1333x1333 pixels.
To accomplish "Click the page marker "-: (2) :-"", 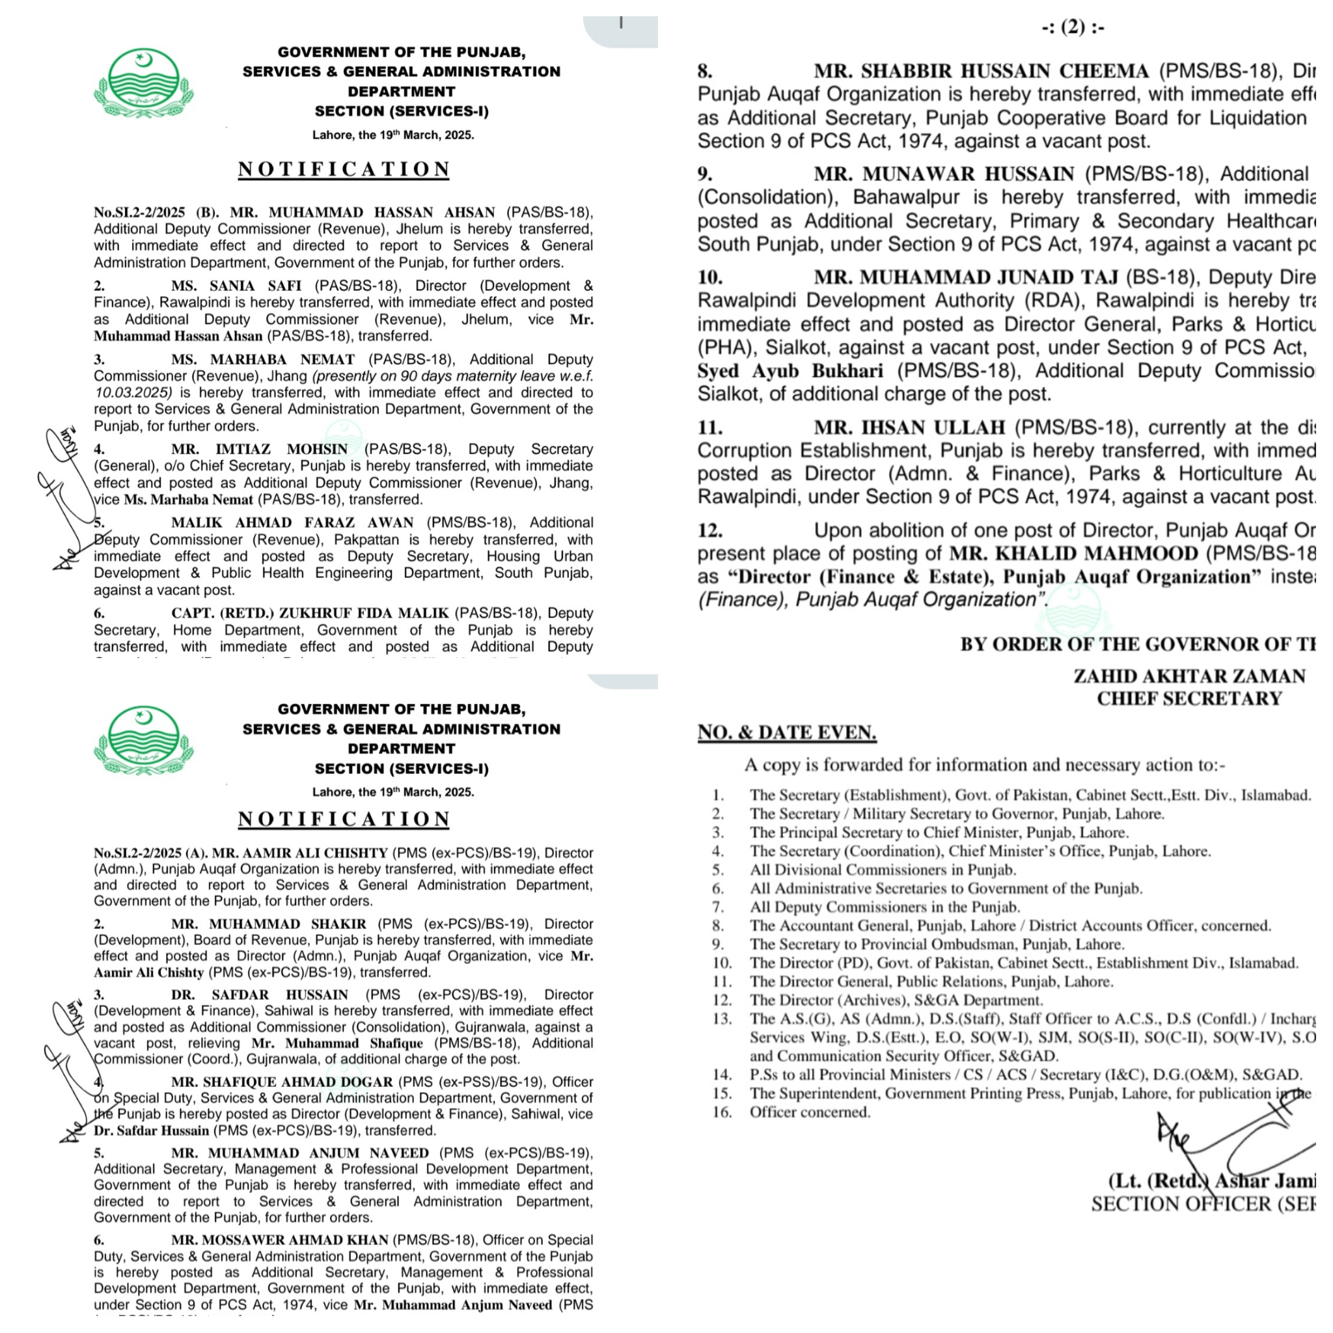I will [x=1072, y=27].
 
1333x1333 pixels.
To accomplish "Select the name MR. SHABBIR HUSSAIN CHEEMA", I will [x=981, y=71].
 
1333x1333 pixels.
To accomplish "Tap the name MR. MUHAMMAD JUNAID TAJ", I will [x=966, y=277].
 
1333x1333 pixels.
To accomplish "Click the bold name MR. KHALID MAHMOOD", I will [x=1073, y=554].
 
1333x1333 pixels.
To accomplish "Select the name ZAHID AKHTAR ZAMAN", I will [x=1189, y=676].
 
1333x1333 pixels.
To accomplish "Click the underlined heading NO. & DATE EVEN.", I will [x=786, y=732].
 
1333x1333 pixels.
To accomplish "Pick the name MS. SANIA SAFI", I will [x=236, y=286].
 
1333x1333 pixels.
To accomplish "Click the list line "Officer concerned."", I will [x=810, y=1112].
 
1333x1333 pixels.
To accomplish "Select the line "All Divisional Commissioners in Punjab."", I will [x=883, y=870].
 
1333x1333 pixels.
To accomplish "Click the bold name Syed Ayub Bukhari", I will [x=790, y=371].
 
